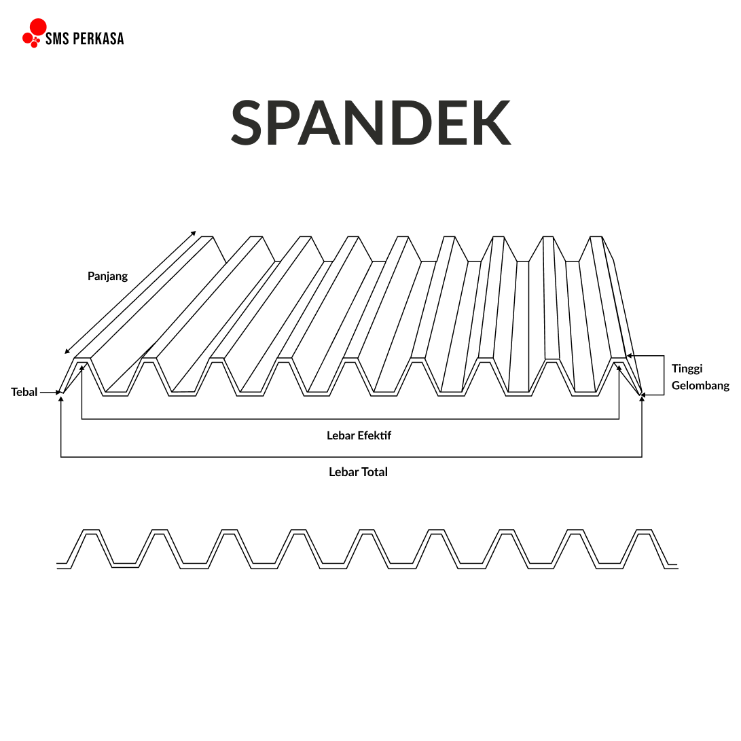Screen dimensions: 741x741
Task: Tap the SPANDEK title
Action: pos(370,122)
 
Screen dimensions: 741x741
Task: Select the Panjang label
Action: pos(107,276)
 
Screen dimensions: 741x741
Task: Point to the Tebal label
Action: pos(24,392)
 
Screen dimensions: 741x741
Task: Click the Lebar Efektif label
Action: pos(359,435)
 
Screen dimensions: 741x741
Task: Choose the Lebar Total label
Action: pos(358,472)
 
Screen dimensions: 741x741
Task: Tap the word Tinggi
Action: pos(687,369)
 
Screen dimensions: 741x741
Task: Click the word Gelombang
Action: pos(700,386)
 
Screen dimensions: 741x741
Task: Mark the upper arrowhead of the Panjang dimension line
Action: pos(194,233)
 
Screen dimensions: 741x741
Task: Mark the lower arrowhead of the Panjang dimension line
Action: pos(67,351)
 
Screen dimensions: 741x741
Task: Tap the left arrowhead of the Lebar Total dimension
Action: pos(61,399)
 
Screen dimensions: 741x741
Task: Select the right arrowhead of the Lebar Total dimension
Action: pos(642,399)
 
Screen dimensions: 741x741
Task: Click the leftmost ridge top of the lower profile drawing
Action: pos(91,531)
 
